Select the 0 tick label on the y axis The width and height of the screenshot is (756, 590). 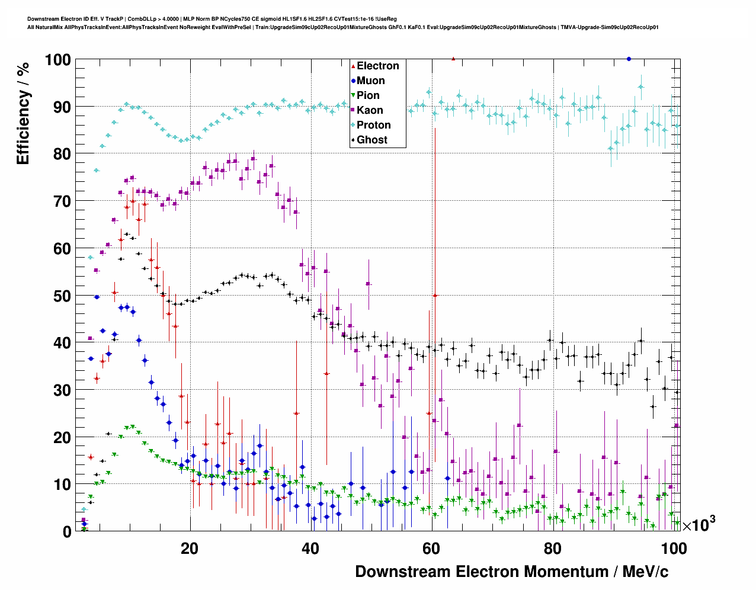[x=66, y=531]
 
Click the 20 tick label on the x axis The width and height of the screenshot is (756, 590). [x=190, y=549]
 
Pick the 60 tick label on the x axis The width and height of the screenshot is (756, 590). [x=431, y=549]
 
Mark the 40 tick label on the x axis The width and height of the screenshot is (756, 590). [x=310, y=549]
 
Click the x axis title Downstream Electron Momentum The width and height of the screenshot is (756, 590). [x=511, y=572]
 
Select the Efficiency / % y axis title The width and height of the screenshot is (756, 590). [x=23, y=113]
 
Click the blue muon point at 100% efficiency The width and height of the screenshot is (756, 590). [x=629, y=59]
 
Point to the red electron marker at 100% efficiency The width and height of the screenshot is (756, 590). [x=453, y=59]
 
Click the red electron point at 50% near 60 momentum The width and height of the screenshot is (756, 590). [x=435, y=295]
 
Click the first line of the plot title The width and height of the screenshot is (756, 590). [x=212, y=19]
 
